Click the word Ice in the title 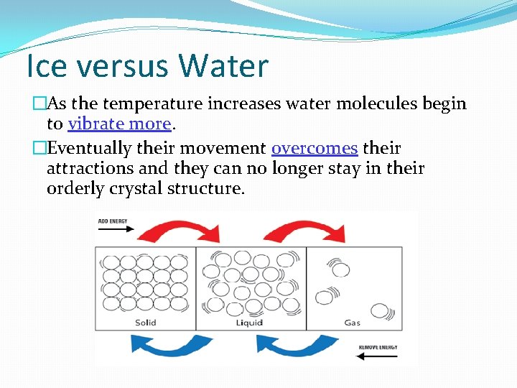coord(47,65)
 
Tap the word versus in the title coord(124,65)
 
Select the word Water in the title coord(224,65)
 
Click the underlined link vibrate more coord(120,124)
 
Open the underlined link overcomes coord(315,149)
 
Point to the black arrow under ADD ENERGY coord(115,230)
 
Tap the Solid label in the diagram coord(146,323)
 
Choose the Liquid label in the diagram coord(249,323)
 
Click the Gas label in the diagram coord(353,323)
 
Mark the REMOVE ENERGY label coord(378,347)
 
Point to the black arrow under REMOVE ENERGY coord(378,356)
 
